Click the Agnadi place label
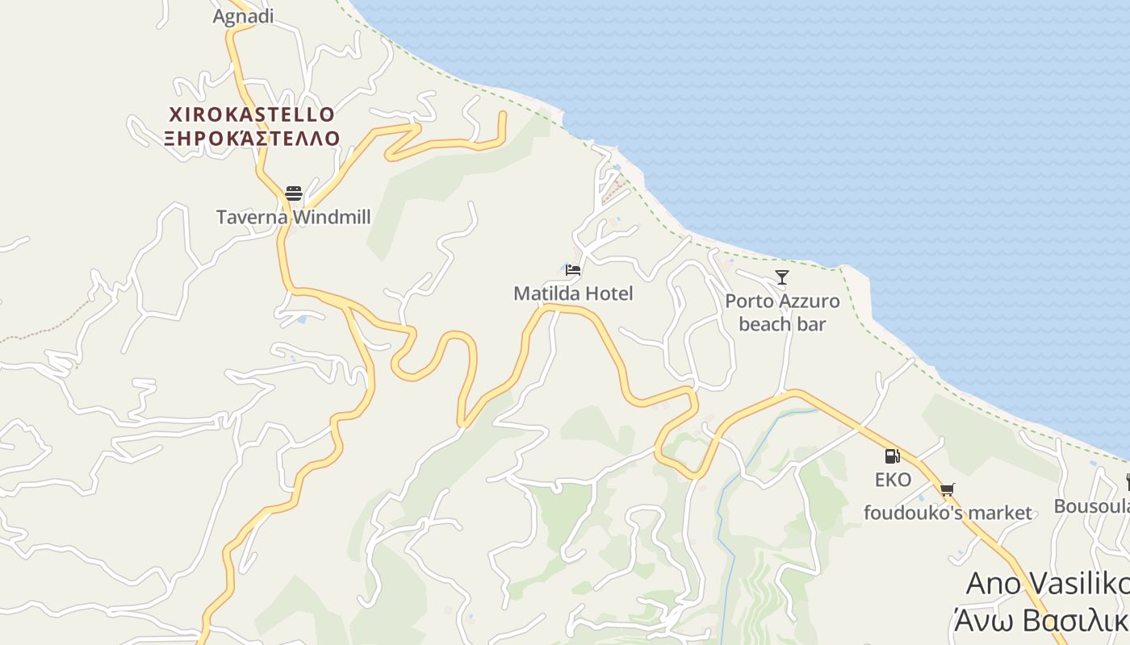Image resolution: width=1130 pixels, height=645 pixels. [x=243, y=16]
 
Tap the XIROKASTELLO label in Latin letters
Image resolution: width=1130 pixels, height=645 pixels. [x=252, y=114]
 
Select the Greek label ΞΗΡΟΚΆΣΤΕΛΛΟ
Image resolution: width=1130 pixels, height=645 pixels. [x=252, y=139]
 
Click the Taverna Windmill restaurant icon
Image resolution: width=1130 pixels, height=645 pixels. [x=293, y=193]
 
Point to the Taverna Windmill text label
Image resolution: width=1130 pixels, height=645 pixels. [x=293, y=217]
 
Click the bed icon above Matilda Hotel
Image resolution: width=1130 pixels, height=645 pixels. [x=573, y=270]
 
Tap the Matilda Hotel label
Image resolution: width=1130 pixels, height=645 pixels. [x=573, y=293]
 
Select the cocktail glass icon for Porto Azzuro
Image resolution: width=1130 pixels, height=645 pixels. [x=781, y=278]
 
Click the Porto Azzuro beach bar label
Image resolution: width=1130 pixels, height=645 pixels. [x=782, y=313]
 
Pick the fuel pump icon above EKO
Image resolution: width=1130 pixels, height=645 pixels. [x=892, y=456]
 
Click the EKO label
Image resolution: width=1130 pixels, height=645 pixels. [x=893, y=480]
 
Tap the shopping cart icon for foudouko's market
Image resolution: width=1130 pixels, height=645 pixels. [x=948, y=489]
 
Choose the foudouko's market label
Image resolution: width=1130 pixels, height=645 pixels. [x=948, y=513]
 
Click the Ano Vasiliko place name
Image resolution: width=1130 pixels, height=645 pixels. [x=1048, y=584]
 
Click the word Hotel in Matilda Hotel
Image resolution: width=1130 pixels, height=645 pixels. [x=609, y=293]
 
